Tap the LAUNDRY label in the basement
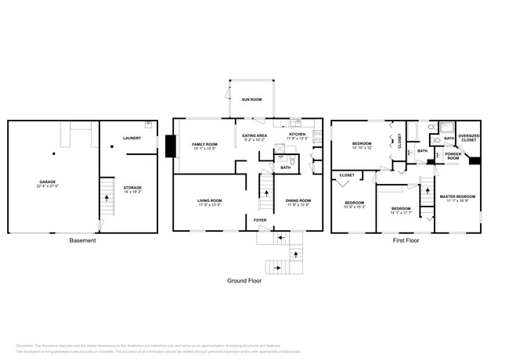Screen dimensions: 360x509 [132, 139]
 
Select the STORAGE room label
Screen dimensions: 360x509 [132, 188]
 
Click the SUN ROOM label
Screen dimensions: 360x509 [251, 100]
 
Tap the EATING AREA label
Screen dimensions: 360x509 [254, 135]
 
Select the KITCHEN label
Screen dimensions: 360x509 [298, 135]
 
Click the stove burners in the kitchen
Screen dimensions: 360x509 [317, 139]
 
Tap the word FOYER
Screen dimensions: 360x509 [259, 221]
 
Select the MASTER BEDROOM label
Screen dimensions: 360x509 [457, 196]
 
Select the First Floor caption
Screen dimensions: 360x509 [406, 240]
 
